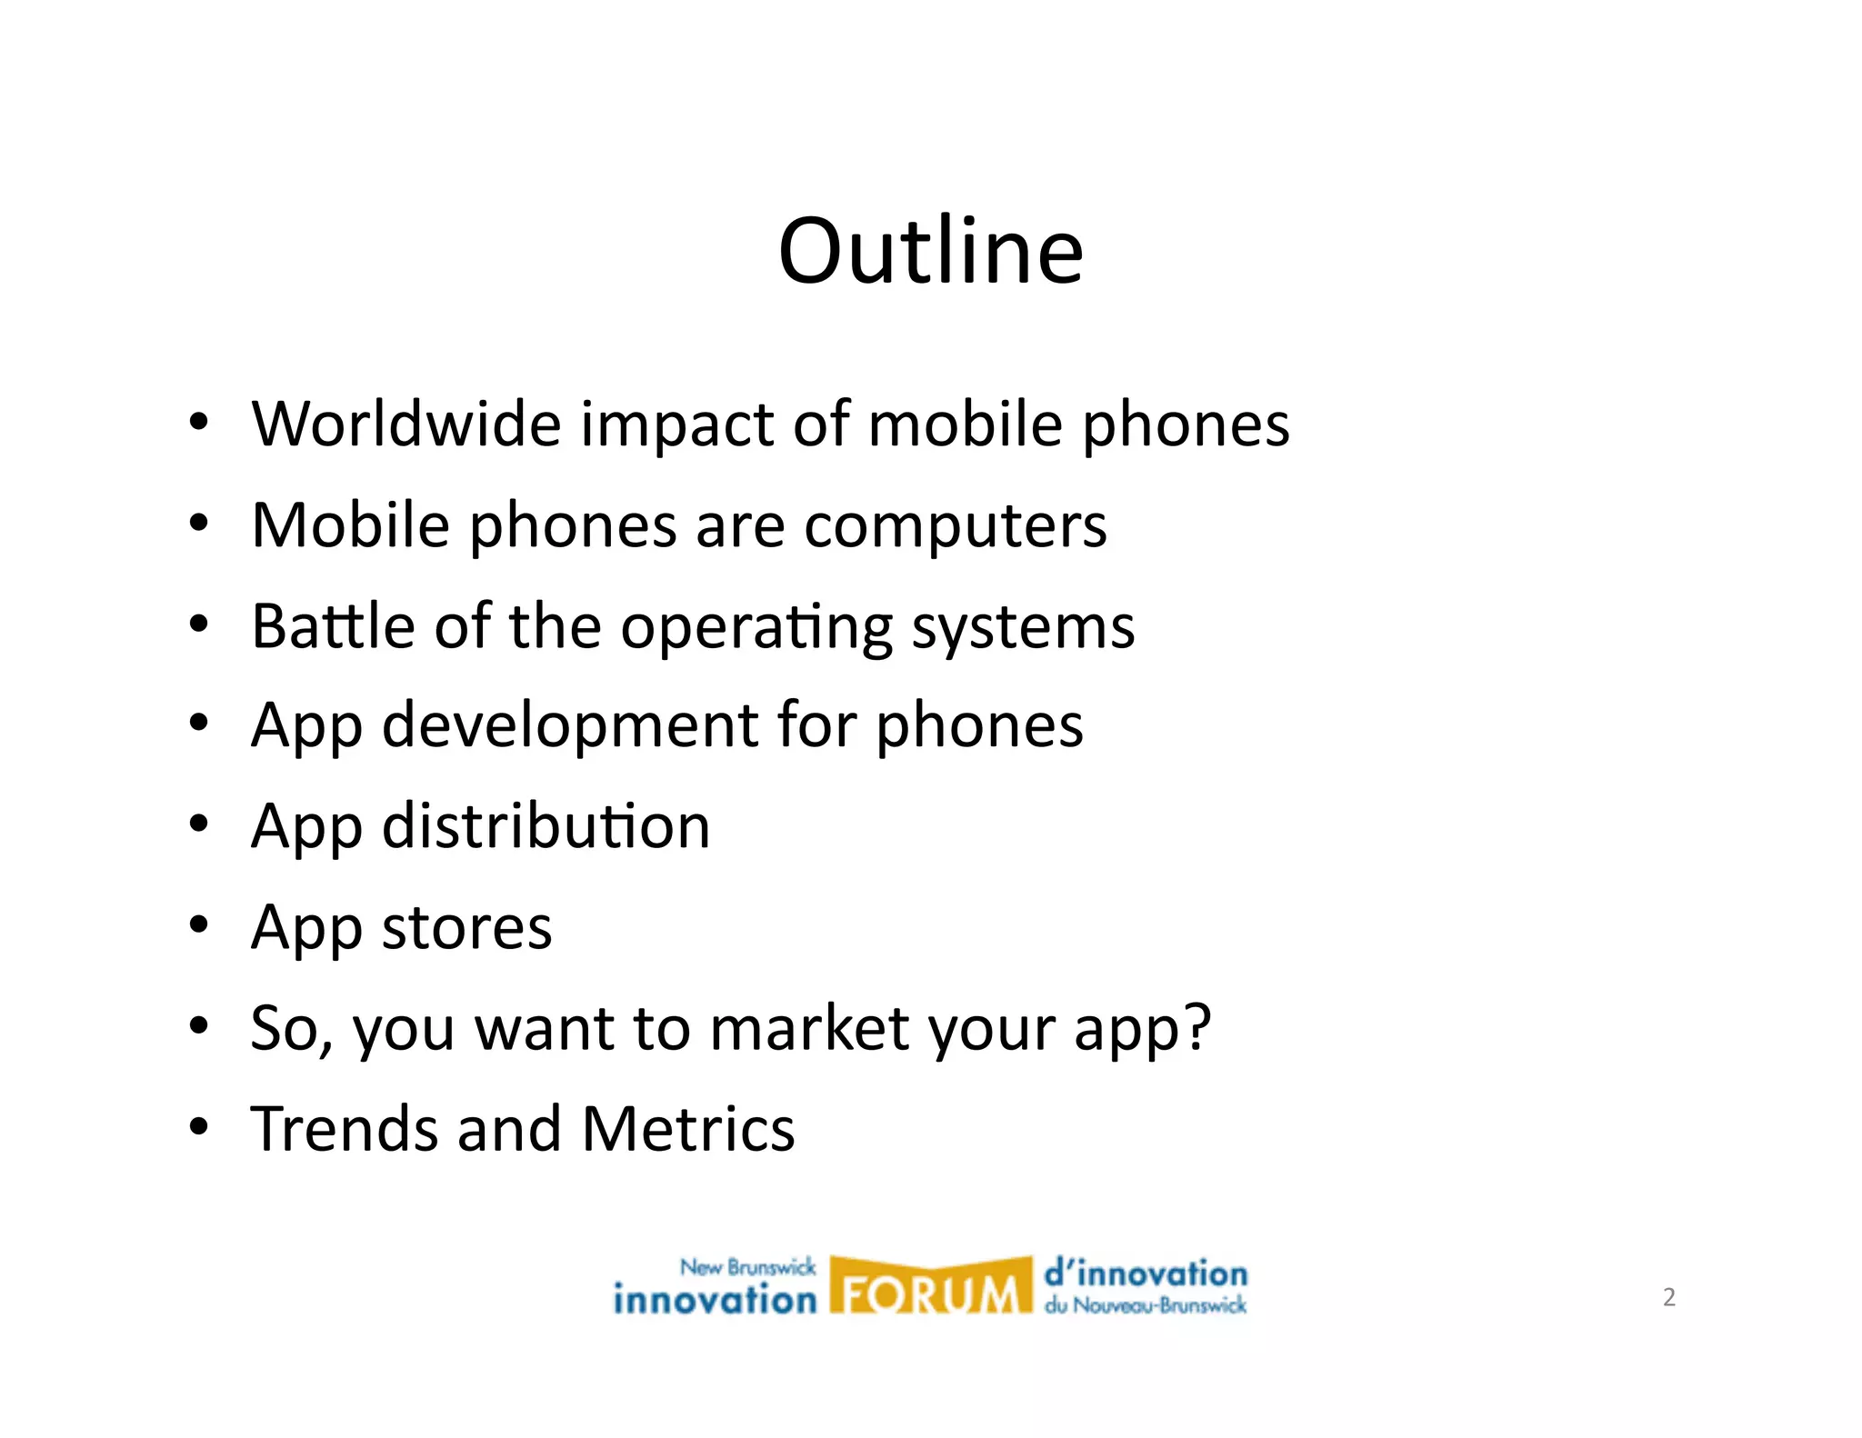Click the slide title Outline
click(930, 251)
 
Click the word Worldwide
click(406, 424)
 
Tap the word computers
click(956, 527)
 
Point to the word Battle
click(333, 626)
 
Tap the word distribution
click(546, 827)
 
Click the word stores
click(466, 928)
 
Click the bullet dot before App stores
click(198, 925)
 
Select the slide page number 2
click(1668, 1297)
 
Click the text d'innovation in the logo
click(1146, 1273)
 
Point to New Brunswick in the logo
click(747, 1267)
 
